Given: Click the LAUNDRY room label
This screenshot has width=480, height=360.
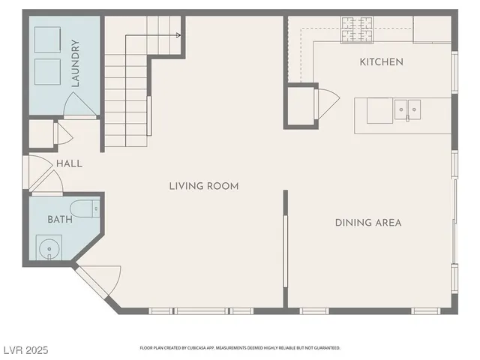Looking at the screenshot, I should (75, 64).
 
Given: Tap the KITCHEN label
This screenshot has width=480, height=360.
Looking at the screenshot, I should (381, 62).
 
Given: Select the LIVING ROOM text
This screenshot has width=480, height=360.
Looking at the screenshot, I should (203, 186).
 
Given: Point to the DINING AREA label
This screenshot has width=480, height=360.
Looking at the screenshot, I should (367, 223).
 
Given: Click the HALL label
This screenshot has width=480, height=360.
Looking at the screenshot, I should (69, 163).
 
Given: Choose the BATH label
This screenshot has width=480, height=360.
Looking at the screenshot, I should (60, 220).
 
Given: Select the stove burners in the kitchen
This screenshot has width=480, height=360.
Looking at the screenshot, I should (358, 29).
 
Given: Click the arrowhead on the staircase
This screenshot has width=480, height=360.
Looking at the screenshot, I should (178, 34).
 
